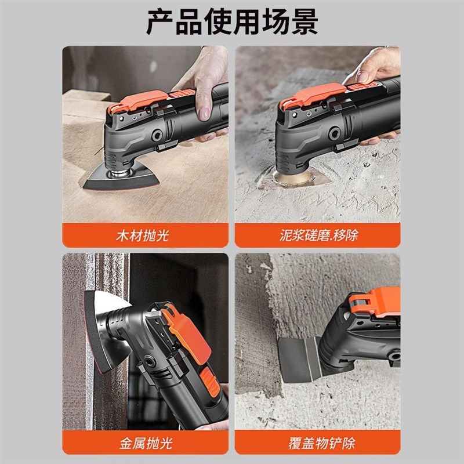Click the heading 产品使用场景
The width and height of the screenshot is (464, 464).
(x=231, y=22)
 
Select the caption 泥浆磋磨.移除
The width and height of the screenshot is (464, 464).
(x=318, y=235)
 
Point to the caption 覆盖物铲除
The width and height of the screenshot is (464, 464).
(x=318, y=443)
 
